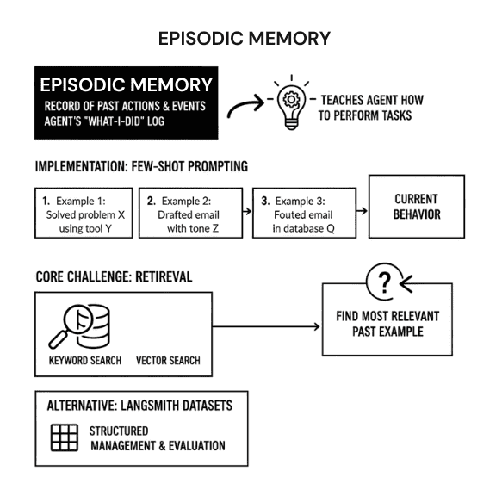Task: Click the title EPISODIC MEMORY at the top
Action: coord(245,39)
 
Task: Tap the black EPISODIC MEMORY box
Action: coord(126,102)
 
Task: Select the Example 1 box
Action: coord(84,213)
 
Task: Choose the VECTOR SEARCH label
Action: coord(169,360)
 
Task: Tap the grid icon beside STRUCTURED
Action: coord(65,437)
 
